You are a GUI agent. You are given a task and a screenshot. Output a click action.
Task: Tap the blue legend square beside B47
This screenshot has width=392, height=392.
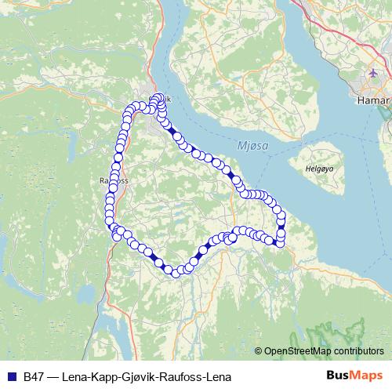(x=12, y=376)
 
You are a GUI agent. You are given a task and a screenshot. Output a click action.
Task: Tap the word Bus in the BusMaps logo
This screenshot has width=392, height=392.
(x=338, y=376)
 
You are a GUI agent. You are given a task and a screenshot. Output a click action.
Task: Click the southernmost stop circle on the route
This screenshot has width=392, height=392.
(x=176, y=273)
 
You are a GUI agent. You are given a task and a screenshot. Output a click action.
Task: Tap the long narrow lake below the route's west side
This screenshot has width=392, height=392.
(x=118, y=329)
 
